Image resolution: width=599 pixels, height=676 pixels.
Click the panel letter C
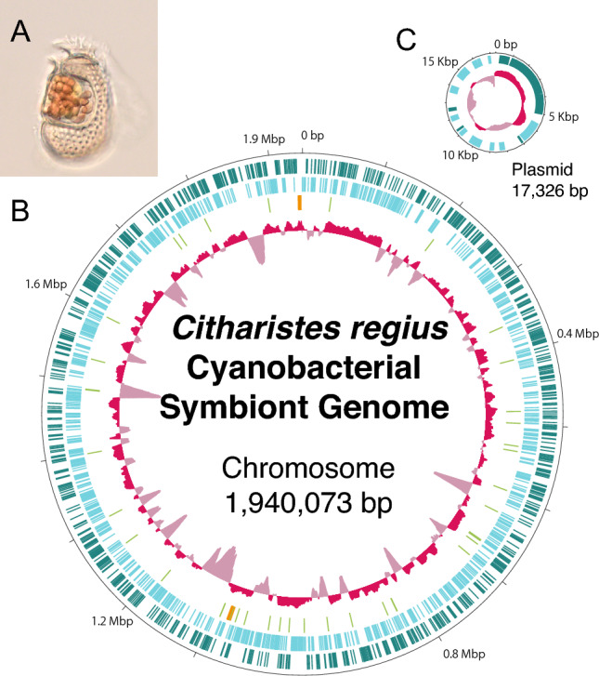click(405, 39)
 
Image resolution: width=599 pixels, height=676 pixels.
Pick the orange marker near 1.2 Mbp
click(229, 611)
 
